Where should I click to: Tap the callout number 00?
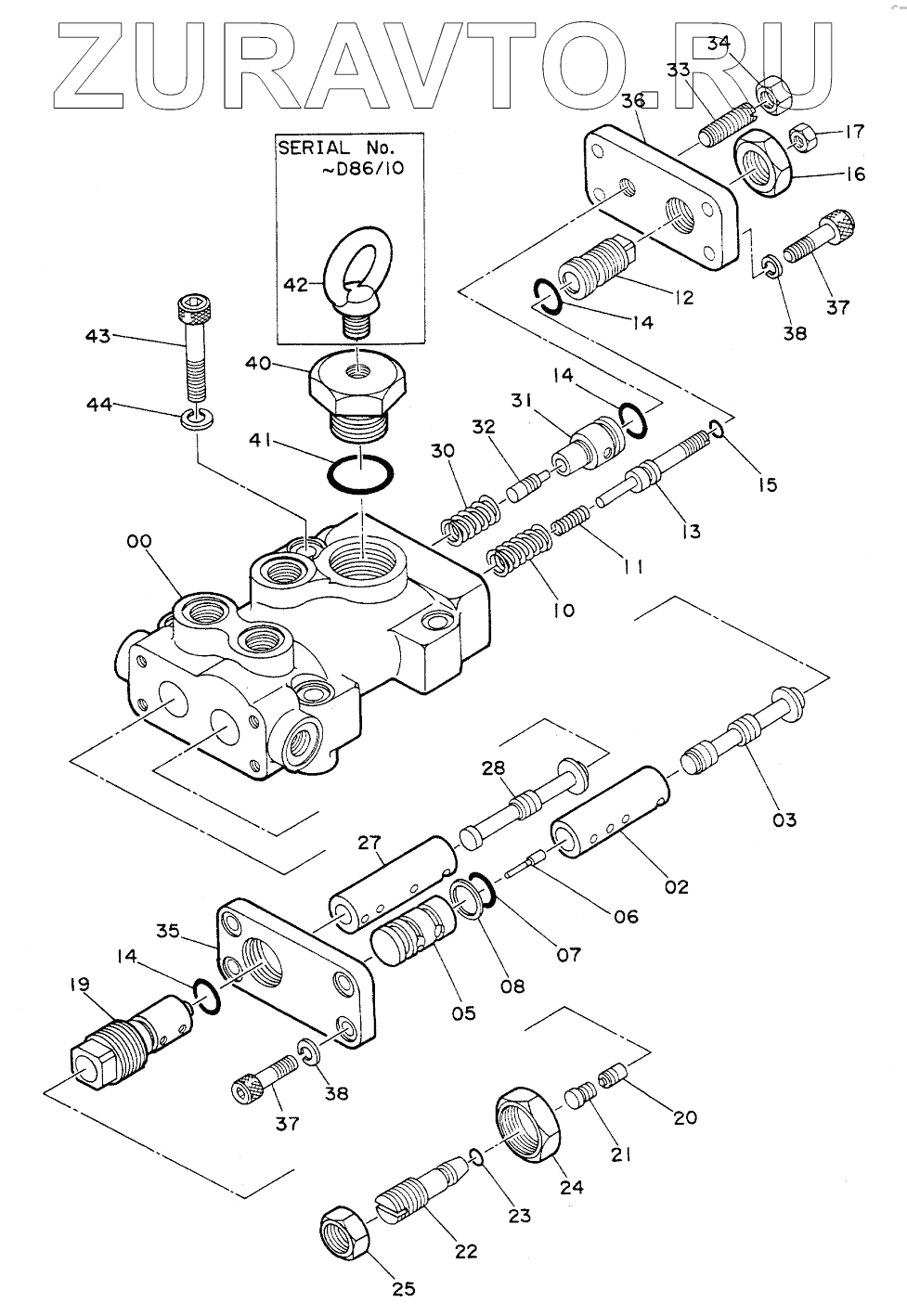click(x=139, y=540)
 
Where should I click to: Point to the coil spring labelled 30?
click(x=473, y=517)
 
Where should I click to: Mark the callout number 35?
click(x=169, y=931)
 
